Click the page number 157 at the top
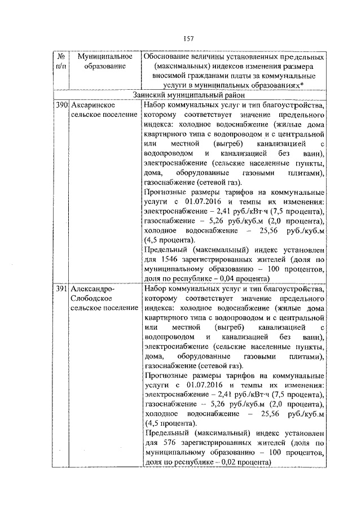click(x=188, y=38)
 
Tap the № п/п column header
click(x=60, y=62)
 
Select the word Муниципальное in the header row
click(x=105, y=57)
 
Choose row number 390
click(x=61, y=105)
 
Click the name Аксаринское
click(x=94, y=105)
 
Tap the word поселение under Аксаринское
click(x=120, y=115)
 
